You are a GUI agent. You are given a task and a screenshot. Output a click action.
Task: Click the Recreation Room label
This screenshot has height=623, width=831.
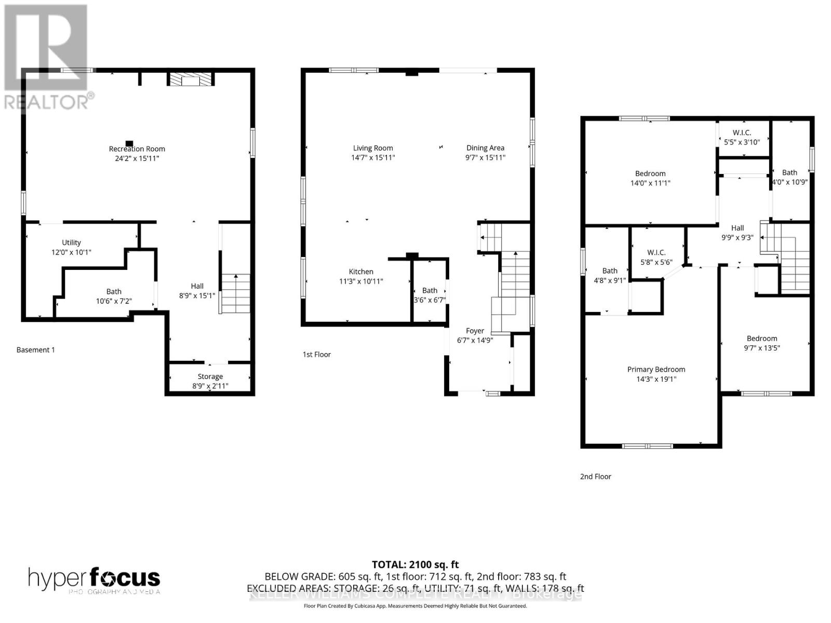coord(137,149)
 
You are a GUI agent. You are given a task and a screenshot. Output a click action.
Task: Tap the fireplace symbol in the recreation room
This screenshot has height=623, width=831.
coord(191,79)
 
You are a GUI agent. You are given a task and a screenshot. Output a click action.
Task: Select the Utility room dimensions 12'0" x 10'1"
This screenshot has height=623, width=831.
coord(71,252)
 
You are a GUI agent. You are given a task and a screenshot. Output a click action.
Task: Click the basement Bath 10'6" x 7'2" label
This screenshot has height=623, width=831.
coord(114,296)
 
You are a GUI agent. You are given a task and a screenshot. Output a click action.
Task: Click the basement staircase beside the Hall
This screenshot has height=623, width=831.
coord(235,293)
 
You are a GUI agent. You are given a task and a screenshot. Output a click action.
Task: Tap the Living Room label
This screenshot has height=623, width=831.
coord(373,148)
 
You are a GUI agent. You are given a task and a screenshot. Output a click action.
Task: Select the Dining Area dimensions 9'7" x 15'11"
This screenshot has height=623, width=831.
coord(485,158)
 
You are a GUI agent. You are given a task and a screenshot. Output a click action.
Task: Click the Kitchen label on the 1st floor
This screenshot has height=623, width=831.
coord(360,272)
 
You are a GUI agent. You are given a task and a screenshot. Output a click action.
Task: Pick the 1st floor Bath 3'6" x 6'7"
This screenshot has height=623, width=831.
coord(430,295)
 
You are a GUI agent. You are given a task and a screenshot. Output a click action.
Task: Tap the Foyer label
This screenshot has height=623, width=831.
coord(475,331)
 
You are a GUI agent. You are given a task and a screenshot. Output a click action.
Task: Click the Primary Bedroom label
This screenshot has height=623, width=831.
coord(656,370)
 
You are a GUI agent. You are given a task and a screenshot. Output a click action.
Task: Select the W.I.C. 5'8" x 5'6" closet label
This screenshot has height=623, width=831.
coord(656,257)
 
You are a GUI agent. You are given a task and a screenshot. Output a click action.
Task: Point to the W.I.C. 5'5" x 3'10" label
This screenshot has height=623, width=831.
coord(742,137)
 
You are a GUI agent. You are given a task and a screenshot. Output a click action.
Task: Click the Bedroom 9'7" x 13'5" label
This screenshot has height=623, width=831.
coord(762,343)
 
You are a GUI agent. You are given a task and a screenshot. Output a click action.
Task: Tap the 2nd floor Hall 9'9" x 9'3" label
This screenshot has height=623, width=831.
coord(737,233)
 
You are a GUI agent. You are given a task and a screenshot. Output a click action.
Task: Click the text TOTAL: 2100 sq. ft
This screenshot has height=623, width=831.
coord(415,564)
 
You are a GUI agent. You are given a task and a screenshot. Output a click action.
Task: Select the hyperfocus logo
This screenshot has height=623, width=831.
coord(94,579)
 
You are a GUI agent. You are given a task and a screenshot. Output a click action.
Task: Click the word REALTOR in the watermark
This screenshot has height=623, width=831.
coord(46,102)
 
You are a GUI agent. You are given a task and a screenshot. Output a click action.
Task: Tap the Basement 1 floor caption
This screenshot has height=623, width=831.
coord(35,350)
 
